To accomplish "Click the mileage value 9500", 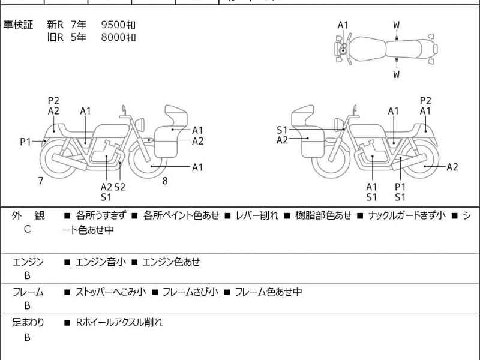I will pyautogui.click(x=113, y=25).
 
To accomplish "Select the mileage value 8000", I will pyautogui.click(x=113, y=37).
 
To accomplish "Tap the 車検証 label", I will pyautogui.click(x=19, y=25).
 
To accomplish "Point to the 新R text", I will pyautogui.click(x=55, y=25).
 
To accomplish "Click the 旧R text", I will pyautogui.click(x=55, y=37).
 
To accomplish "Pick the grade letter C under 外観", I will pyautogui.click(x=27, y=229).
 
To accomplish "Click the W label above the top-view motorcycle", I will pyautogui.click(x=397, y=25).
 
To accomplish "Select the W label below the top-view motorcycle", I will pyautogui.click(x=397, y=75).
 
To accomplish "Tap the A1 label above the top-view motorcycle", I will pyautogui.click(x=343, y=25).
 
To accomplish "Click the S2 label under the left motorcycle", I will pyautogui.click(x=120, y=187).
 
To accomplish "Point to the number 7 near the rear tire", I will pyautogui.click(x=41, y=181).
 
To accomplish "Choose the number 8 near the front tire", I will pyautogui.click(x=165, y=181).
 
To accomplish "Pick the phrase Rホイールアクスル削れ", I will pyautogui.click(x=119, y=322).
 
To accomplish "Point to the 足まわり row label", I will pyautogui.click(x=28, y=322).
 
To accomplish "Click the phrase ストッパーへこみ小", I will pyautogui.click(x=110, y=292).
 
